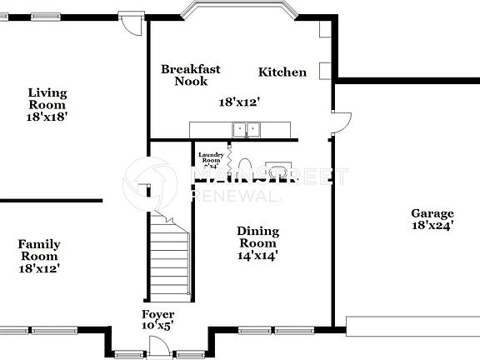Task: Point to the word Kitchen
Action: (282, 72)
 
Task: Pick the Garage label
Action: (432, 213)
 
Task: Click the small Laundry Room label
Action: (211, 156)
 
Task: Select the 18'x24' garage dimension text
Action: (432, 225)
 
